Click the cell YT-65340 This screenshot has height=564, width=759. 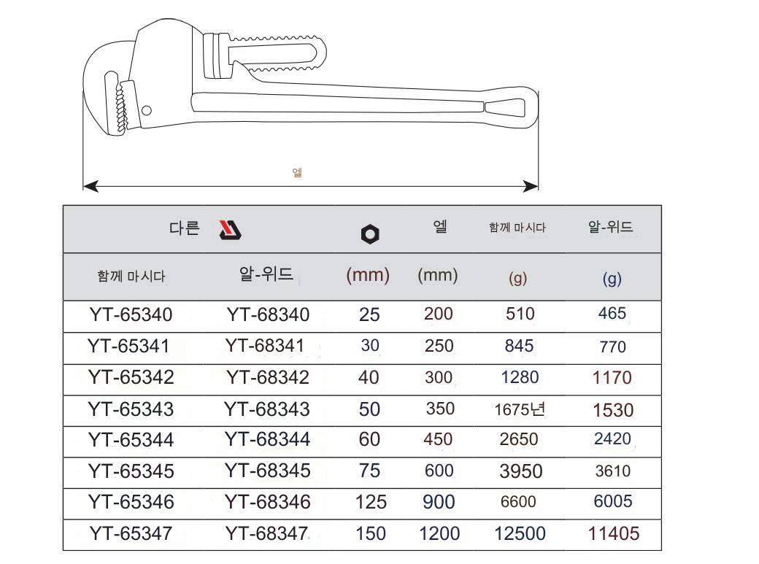click(131, 314)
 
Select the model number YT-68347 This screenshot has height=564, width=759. click(266, 533)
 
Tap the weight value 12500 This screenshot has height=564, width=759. click(520, 533)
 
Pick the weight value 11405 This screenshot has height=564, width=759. click(614, 533)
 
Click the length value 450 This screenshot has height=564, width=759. click(438, 439)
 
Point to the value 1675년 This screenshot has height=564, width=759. click(520, 409)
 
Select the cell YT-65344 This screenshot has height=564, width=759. click(131, 439)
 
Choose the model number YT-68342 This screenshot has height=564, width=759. click(268, 378)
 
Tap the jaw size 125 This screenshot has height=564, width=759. click(371, 502)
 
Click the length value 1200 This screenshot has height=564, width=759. click(439, 533)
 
